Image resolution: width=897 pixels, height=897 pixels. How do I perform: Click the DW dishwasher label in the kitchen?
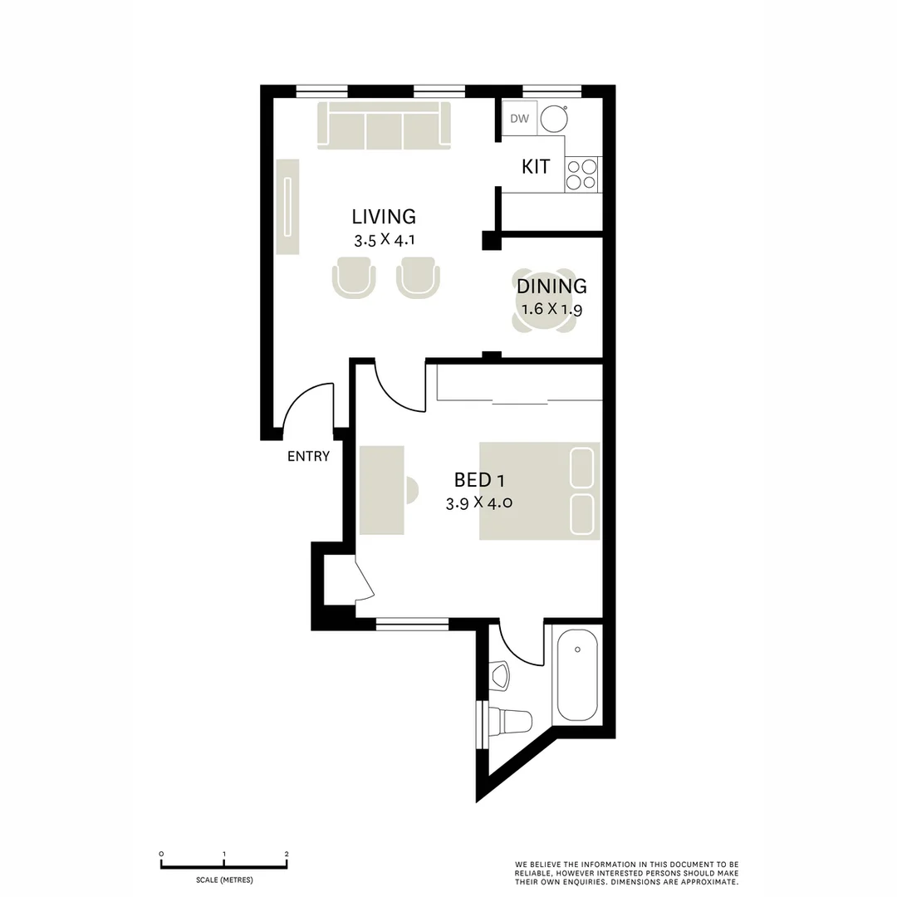[519, 119]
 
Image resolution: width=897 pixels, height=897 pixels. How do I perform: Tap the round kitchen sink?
[553, 120]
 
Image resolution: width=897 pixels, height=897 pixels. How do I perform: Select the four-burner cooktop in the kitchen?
[581, 174]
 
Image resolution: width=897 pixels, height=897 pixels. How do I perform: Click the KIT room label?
[536, 167]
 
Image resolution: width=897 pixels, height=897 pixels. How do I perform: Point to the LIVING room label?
[384, 217]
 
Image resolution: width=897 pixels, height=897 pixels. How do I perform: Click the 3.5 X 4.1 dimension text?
[384, 241]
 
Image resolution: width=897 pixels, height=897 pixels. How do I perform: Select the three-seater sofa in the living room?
[384, 126]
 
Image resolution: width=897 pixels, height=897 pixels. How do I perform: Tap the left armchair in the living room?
[354, 276]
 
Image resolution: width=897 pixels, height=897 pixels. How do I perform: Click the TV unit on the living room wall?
[287, 207]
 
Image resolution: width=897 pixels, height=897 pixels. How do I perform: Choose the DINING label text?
[551, 287]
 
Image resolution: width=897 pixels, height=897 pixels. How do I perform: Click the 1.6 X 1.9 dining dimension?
[551, 310]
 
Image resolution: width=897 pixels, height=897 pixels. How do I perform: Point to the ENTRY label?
[308, 456]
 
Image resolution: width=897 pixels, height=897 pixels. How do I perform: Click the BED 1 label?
[479, 479]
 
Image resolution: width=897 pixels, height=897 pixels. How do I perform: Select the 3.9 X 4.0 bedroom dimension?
[479, 503]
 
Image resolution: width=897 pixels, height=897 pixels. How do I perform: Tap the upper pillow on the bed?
[581, 468]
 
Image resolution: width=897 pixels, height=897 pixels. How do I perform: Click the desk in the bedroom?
[382, 491]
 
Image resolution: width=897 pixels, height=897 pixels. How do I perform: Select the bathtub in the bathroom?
[577, 675]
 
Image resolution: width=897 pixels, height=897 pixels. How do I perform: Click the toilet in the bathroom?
[508, 718]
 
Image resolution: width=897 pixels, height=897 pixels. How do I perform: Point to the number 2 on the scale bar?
[287, 854]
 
